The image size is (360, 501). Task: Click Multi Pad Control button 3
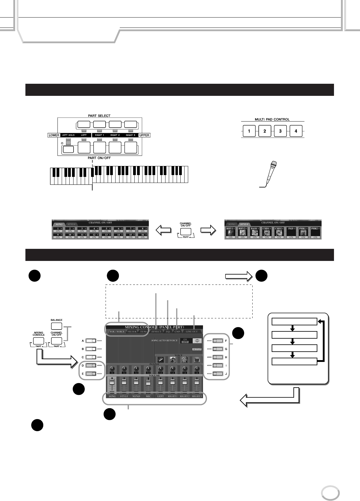(280, 132)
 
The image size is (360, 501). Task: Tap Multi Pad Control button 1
(249, 132)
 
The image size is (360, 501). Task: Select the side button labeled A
(91, 340)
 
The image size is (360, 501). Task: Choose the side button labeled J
(217, 374)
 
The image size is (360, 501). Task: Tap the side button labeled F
(217, 340)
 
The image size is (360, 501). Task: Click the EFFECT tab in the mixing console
(156, 332)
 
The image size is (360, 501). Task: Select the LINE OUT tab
(191, 332)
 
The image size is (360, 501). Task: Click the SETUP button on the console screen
(196, 349)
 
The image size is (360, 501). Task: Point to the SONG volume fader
(112, 385)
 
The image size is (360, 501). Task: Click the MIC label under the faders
(148, 396)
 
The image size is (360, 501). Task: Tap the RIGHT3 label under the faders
(197, 396)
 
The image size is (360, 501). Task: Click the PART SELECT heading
(100, 116)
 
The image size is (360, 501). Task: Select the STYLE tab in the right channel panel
(244, 225)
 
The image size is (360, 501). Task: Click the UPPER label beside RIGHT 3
(144, 135)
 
